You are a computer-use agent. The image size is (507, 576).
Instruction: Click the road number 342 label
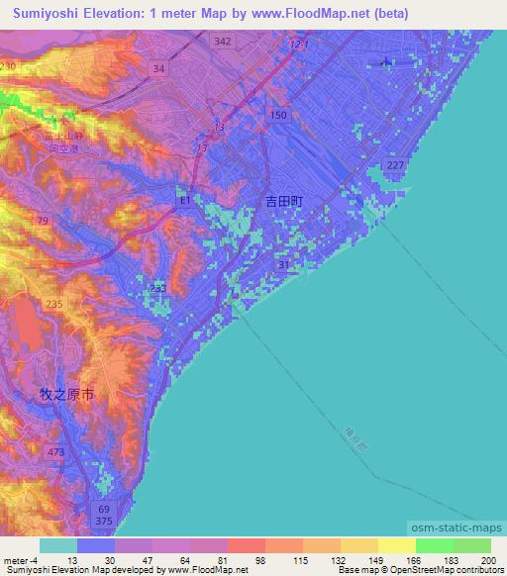coord(222,41)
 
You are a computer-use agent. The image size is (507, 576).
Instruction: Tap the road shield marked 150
coord(278,117)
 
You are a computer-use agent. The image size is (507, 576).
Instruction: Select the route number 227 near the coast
coord(394,165)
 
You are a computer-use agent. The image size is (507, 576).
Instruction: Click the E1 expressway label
coord(184,200)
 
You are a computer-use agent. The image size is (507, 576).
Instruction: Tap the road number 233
coord(158,288)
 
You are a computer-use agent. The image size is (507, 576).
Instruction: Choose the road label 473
coord(54,452)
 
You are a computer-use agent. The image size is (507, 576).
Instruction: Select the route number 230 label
coord(9,65)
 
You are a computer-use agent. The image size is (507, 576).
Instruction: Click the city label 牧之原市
coord(66,394)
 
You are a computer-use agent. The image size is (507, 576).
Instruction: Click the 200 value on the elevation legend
coord(487,561)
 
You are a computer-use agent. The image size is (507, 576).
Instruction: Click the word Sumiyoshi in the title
coord(43,13)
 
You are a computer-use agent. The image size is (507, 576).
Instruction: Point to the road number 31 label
coord(284,265)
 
